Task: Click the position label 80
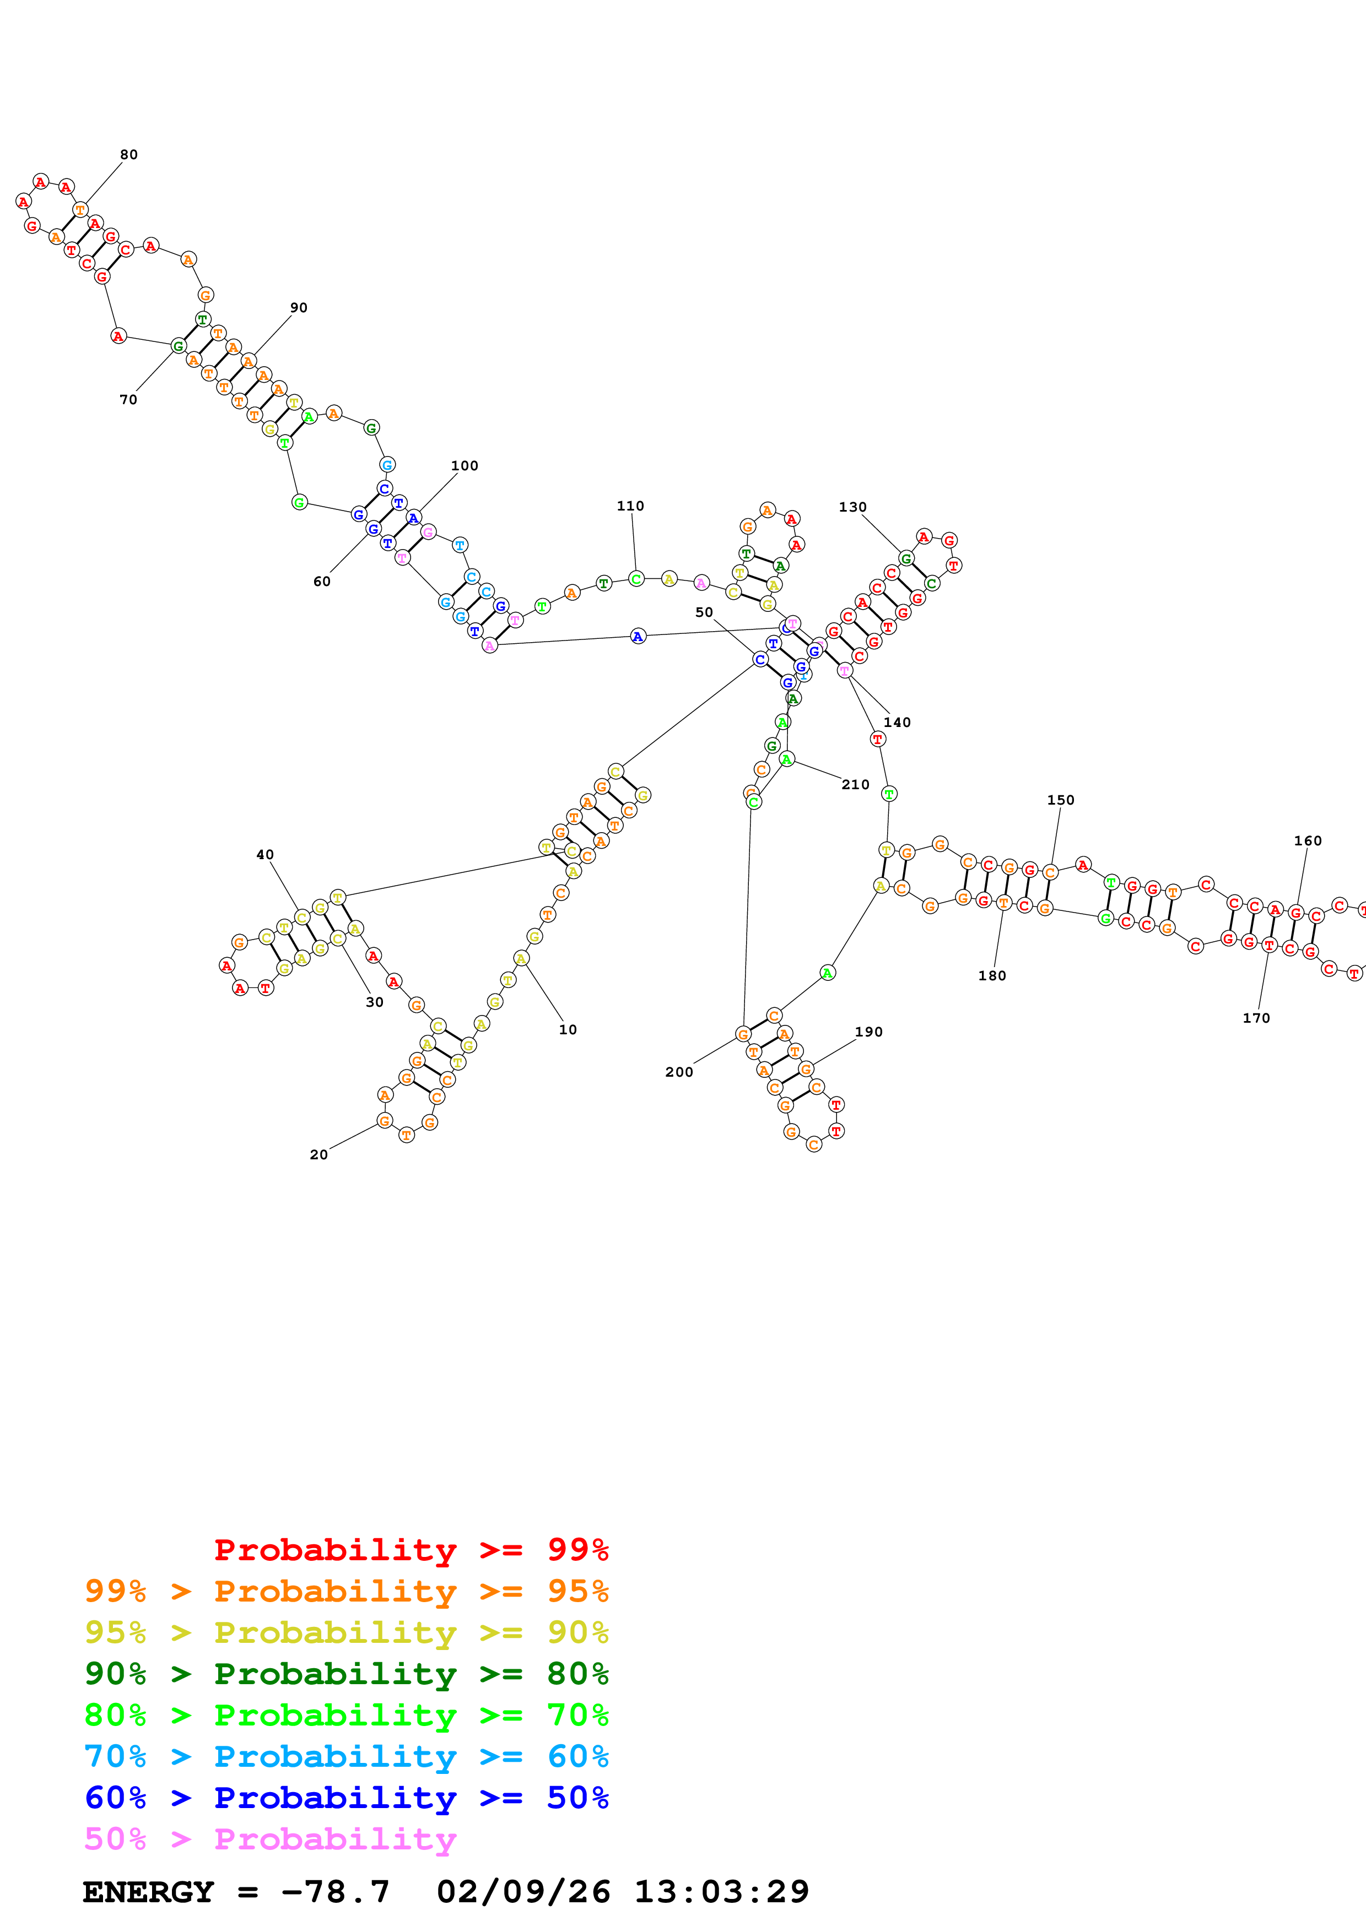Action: tap(129, 155)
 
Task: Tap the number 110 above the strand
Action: tap(630, 506)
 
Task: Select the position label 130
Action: tap(852, 507)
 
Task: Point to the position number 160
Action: tap(1308, 840)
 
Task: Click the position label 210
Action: tap(856, 784)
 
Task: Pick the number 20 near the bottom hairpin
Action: tap(319, 1154)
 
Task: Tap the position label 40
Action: tap(265, 854)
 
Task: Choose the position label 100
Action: tap(465, 465)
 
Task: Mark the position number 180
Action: tap(992, 975)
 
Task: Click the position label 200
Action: tap(679, 1072)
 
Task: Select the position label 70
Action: tap(128, 400)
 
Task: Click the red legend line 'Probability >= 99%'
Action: tap(411, 1549)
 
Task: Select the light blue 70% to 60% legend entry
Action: tap(346, 1756)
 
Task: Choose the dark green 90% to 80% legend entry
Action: tap(346, 1674)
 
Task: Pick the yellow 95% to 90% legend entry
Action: tap(346, 1632)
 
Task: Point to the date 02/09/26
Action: tap(523, 1892)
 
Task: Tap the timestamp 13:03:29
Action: tap(721, 1892)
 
